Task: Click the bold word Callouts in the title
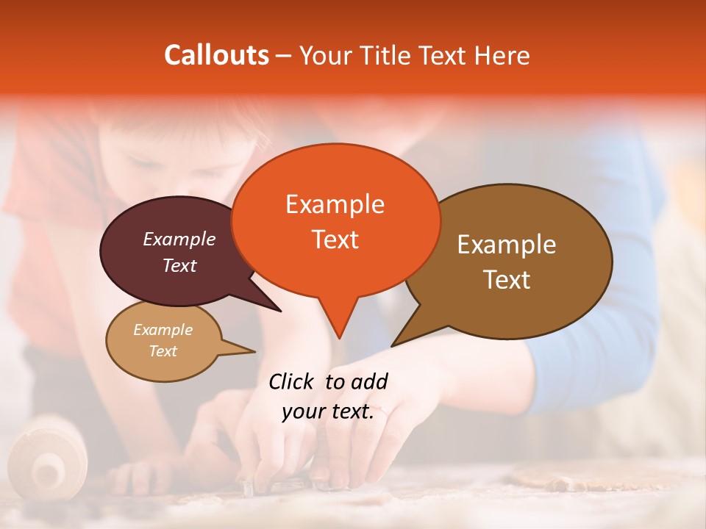[216, 55]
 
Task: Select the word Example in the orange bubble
[335, 204]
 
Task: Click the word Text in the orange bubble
[335, 240]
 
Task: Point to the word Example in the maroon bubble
[179, 239]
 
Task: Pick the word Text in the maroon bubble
[179, 265]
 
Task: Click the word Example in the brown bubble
[507, 245]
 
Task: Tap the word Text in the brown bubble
[507, 280]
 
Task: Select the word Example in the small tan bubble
[163, 330]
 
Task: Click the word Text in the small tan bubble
[163, 351]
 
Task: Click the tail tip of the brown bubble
[393, 345]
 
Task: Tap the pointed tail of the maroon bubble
[279, 310]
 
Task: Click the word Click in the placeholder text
[292, 381]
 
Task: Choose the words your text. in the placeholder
[328, 411]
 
